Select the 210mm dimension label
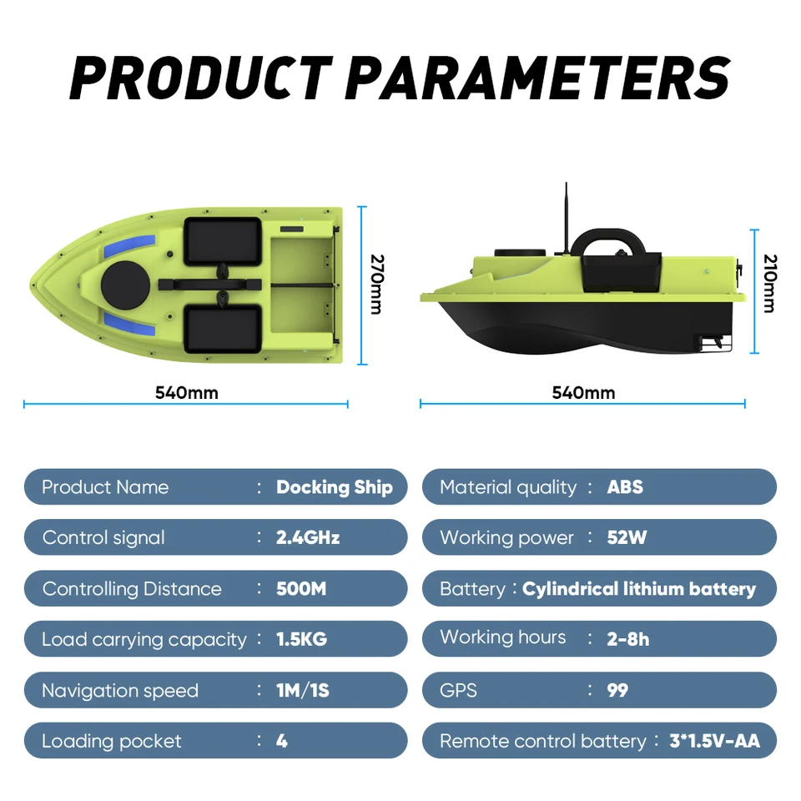pos(768,284)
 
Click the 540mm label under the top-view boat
pos(186,392)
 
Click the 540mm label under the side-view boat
pos(583,392)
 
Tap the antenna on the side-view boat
pos(566,217)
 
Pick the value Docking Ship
pos(334,487)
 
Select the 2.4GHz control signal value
pos(307,538)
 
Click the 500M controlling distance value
pos(300,589)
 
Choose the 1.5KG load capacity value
pos(301,640)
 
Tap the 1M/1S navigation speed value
pos(303,691)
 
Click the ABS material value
pos(625,487)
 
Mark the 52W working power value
pos(627,538)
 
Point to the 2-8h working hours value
pos(628,640)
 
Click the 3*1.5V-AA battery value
pos(714,741)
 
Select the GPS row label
pos(458,691)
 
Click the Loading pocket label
pos(111,741)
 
